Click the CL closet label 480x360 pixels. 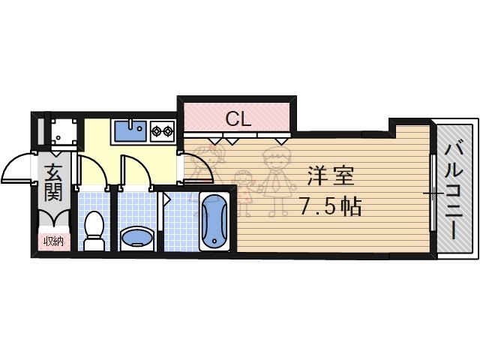click(x=238, y=118)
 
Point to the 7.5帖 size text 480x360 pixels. click(x=330, y=205)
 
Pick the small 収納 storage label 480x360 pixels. click(x=52, y=241)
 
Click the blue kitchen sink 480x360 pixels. click(x=130, y=132)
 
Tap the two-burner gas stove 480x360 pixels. click(x=162, y=132)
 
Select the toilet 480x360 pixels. click(x=94, y=231)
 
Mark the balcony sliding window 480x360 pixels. click(x=433, y=193)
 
